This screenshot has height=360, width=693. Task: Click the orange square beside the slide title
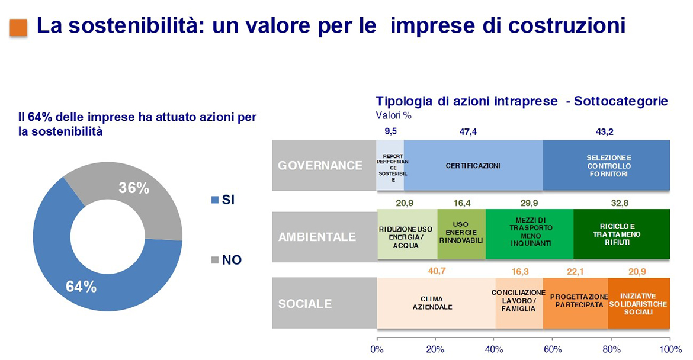pos(18,27)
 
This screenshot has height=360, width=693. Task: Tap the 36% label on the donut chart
pos(134,188)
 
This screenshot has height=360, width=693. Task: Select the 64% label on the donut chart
pos(81,287)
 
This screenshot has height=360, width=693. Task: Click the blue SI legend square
pos(215,200)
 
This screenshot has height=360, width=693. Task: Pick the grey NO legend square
pos(215,260)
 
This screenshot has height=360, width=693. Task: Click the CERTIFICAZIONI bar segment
pos(473,166)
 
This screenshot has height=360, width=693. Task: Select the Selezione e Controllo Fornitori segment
pos(607,166)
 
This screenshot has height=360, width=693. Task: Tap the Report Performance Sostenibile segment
pos(390,166)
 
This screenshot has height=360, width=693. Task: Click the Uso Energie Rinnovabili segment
pos(461,234)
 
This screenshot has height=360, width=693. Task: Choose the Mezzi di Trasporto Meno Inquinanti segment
pos(530,234)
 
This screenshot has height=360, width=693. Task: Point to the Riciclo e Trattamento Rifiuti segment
pos(622,234)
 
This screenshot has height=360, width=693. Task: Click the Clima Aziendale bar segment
pos(436,303)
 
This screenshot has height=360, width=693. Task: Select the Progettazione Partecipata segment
pos(576,303)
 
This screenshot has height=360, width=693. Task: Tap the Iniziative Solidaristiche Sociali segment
pos(639,303)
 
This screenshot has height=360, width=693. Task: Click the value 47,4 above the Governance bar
pos(468,132)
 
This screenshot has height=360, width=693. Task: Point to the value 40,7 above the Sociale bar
pos(437,271)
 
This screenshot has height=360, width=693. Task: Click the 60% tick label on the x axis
pos(553,349)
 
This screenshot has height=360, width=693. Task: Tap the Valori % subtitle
pos(394,115)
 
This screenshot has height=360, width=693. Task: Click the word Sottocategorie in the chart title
pos(621,101)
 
